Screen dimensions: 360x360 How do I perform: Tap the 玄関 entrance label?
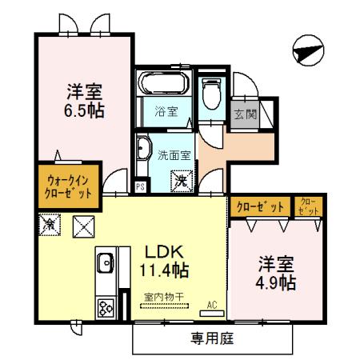[245, 114]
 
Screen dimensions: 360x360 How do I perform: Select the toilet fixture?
[211, 96]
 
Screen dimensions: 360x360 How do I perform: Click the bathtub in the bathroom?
[163, 83]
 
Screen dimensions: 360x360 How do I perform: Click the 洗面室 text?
[173, 154]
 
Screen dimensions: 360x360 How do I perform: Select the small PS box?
[141, 188]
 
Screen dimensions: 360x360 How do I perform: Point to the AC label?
[213, 304]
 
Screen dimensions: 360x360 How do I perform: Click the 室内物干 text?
[163, 298]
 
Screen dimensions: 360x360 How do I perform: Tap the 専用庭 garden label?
[212, 338]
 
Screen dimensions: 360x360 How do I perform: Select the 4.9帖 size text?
[276, 282]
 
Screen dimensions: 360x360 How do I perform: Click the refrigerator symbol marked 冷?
[50, 227]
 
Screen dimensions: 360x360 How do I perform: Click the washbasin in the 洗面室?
[144, 151]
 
